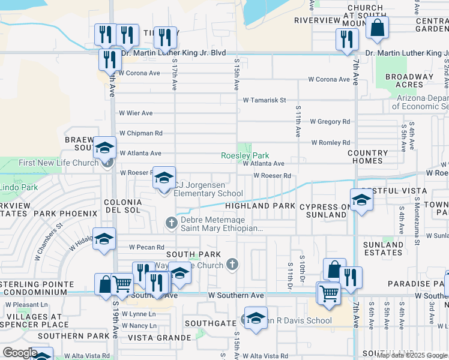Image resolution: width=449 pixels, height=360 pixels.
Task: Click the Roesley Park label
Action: tap(244, 155)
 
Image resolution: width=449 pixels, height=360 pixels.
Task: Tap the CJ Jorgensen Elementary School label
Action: tap(208, 189)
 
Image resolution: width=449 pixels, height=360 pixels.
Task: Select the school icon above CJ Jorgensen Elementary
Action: tap(164, 177)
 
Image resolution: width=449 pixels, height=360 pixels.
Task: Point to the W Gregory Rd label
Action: tap(330, 122)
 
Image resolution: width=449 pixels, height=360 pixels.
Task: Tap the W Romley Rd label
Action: tap(330, 143)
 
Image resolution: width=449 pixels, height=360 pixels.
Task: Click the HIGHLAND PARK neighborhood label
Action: tap(260, 206)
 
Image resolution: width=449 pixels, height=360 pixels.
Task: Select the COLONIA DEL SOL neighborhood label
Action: tap(122, 206)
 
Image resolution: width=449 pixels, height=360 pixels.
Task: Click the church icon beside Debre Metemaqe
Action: tap(171, 223)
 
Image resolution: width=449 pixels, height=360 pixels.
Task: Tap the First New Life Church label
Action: tap(58, 163)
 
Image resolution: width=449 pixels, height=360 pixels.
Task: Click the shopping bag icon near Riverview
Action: tap(377, 28)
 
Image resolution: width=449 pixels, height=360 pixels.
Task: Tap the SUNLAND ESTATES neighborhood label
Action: tap(383, 248)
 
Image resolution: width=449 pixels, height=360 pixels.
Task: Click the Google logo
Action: tap(20, 353)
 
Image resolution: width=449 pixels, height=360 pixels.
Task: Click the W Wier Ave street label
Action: tap(136, 113)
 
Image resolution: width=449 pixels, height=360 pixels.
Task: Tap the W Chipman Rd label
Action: tap(140, 133)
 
